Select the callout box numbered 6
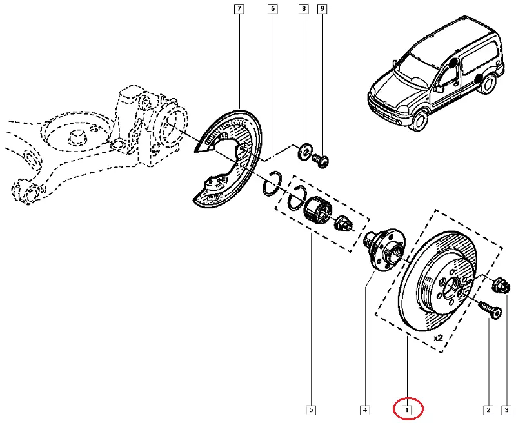[x=273, y=9]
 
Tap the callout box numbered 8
[x=303, y=9]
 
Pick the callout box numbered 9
[x=322, y=9]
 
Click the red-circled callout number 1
[x=407, y=409]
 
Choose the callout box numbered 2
[x=488, y=409]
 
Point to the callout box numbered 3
[x=507, y=409]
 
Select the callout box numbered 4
[x=364, y=409]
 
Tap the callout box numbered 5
[x=311, y=409]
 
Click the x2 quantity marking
[x=438, y=337]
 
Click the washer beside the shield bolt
[x=303, y=153]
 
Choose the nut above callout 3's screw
[x=500, y=285]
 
